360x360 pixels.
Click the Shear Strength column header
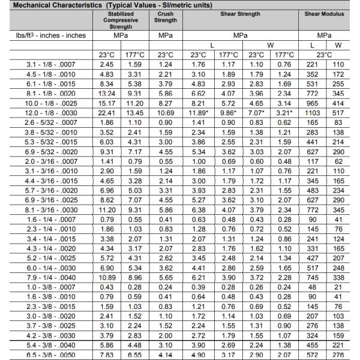[x=241, y=13]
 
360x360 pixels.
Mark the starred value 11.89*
[x=199, y=112]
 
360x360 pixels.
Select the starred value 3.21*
[x=284, y=112]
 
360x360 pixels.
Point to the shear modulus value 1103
[x=312, y=112]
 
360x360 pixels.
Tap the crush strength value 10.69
[x=166, y=112]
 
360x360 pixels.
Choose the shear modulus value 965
[x=312, y=103]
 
